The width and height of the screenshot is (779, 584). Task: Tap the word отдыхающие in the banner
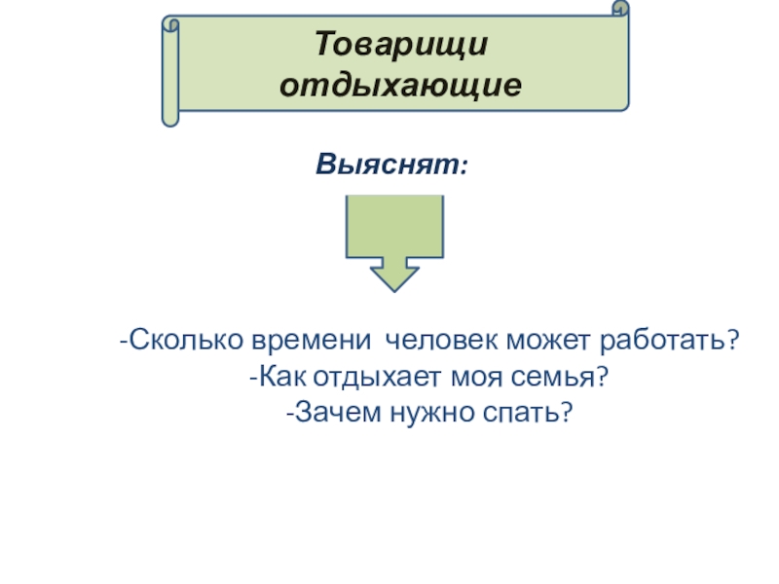pyautogui.click(x=400, y=85)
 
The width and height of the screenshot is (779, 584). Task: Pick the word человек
pyautogui.click(x=439, y=342)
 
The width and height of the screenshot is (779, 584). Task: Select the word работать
pyautogui.click(x=662, y=342)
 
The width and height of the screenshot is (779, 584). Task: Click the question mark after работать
pyautogui.click(x=731, y=342)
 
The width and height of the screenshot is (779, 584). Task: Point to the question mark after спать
pyautogui.click(x=562, y=412)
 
